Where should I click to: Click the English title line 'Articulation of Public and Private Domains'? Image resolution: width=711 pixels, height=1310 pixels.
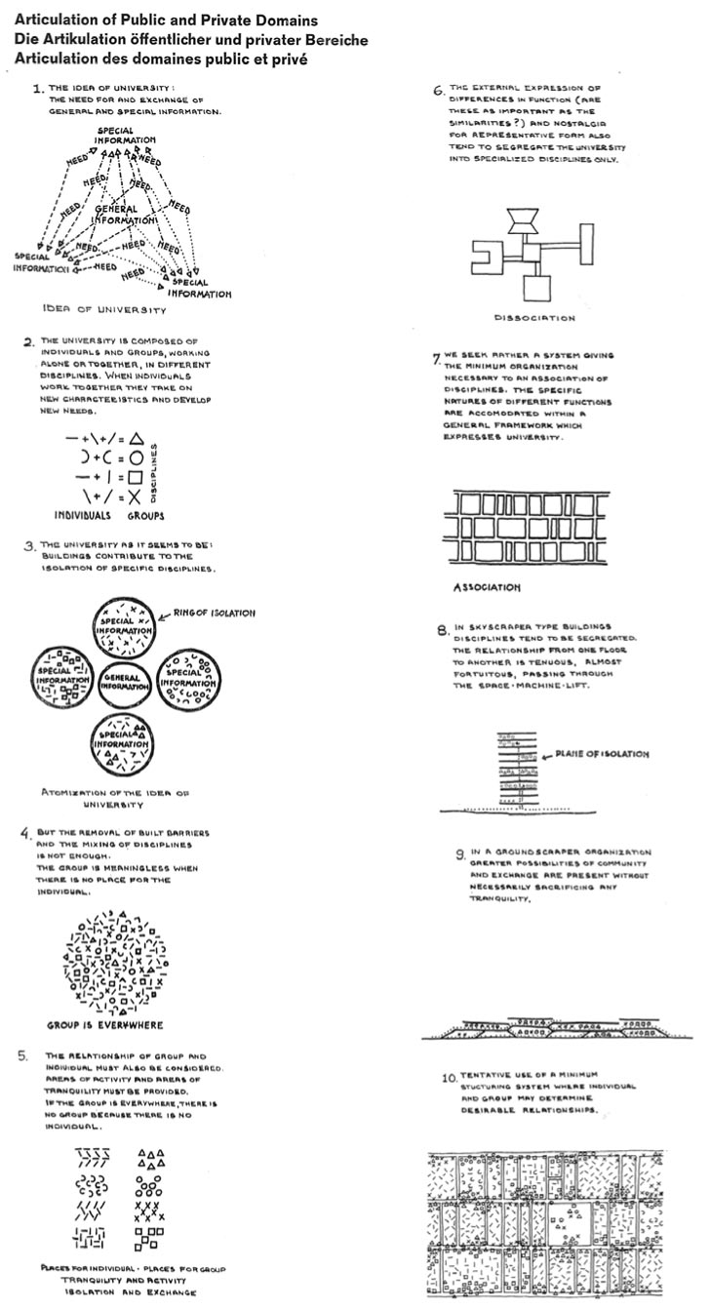(166, 20)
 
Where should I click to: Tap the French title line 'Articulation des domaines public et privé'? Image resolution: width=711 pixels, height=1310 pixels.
(161, 59)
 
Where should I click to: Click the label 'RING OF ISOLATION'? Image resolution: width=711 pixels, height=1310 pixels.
(215, 614)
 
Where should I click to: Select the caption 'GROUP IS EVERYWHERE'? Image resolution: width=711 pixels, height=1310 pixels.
(104, 1026)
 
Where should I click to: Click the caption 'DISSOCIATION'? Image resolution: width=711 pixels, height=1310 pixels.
(533, 318)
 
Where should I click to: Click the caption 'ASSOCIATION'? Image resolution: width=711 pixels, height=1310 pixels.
(488, 588)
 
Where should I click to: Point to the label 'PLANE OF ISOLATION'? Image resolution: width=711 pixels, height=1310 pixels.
(602, 754)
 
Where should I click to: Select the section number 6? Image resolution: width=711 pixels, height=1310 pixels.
(439, 93)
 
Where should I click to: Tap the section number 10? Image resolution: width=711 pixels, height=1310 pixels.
(449, 1079)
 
